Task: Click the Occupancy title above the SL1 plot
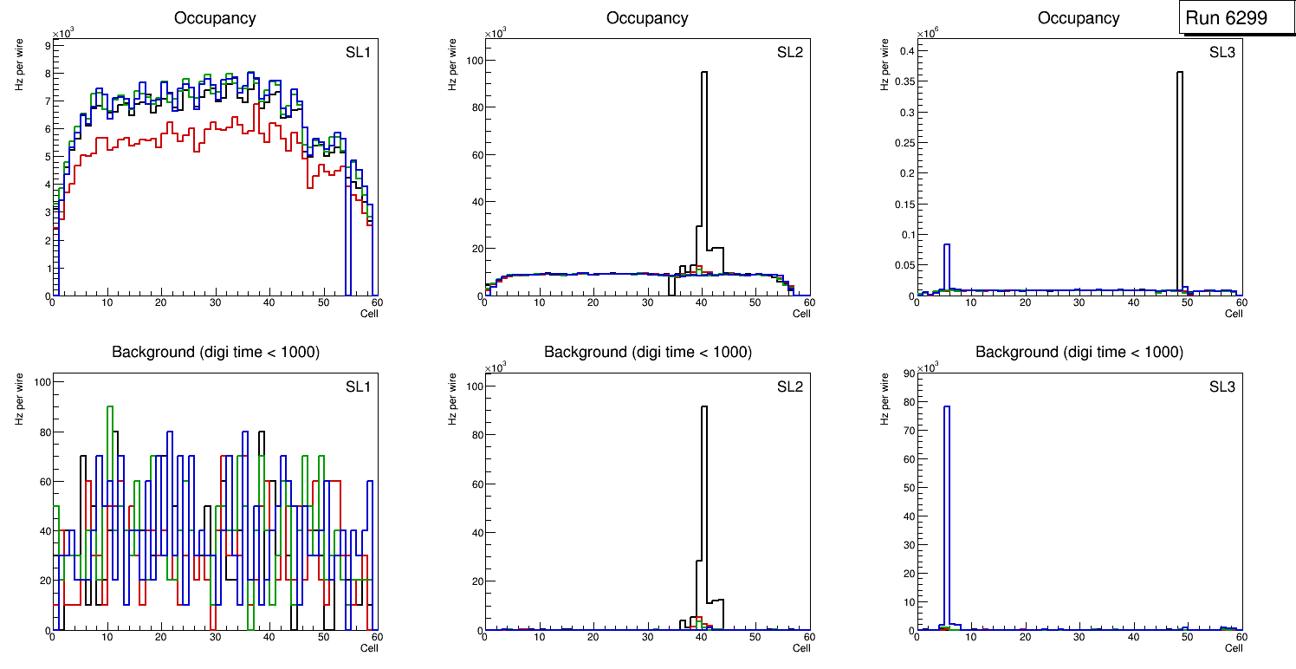tap(215, 18)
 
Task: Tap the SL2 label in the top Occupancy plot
tap(789, 52)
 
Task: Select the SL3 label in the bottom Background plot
tap(1221, 386)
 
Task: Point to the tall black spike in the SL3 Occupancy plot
tap(1180, 173)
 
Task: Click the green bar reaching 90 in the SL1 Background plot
tap(110, 433)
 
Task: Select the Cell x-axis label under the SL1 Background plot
tap(369, 648)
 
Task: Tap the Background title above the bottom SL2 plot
tap(647, 352)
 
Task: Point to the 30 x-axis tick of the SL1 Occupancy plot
tap(214, 302)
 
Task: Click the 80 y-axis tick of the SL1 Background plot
tap(40, 432)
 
